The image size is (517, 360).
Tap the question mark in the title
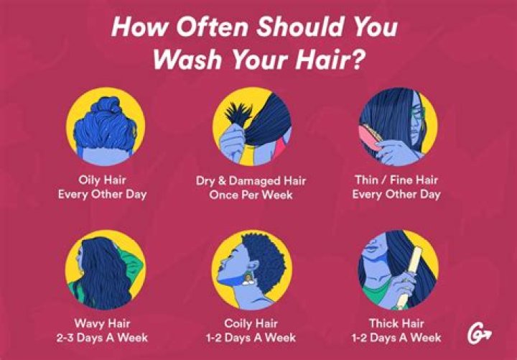[x=358, y=58]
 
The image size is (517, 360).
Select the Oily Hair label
[x=103, y=180]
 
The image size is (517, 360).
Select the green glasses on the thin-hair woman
[x=418, y=115]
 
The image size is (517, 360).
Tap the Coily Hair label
[x=252, y=323]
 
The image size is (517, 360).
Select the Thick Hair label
[x=397, y=323]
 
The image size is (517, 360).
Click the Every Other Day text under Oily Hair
[x=103, y=195]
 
